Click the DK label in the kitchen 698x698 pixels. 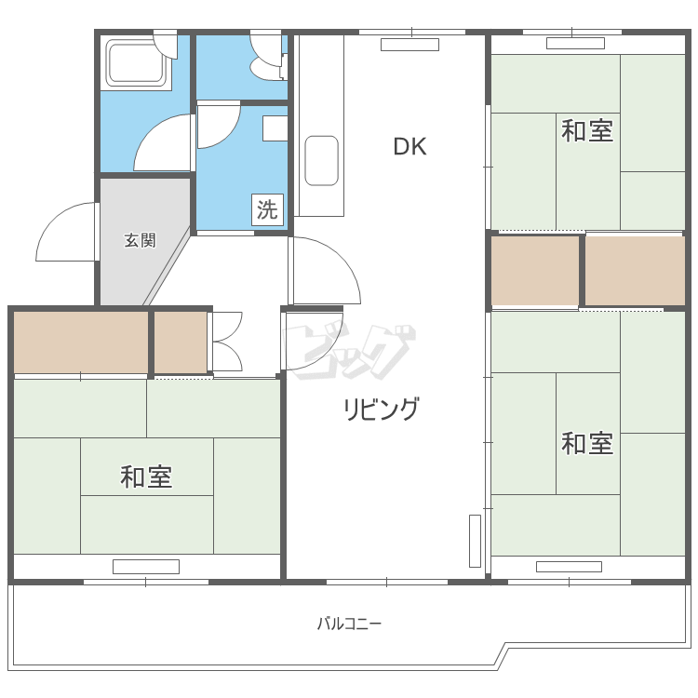(x=409, y=146)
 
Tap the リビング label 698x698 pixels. (x=382, y=409)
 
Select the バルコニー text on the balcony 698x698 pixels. (x=349, y=623)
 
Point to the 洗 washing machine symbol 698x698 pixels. (x=267, y=209)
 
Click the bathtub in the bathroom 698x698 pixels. (x=138, y=64)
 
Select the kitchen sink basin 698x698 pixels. (x=321, y=160)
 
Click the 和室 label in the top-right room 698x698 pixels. (x=587, y=131)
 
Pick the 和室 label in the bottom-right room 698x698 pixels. (x=587, y=443)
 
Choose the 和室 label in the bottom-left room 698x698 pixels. (x=146, y=477)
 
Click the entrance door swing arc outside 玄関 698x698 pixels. (x=65, y=233)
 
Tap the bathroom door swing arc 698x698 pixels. (x=163, y=144)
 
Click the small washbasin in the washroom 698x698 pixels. (x=275, y=128)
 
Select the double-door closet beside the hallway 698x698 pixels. (x=226, y=342)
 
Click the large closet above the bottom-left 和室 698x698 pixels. (x=81, y=342)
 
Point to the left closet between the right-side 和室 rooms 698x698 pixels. (x=535, y=270)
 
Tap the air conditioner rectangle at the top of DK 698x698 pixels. (x=409, y=44)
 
